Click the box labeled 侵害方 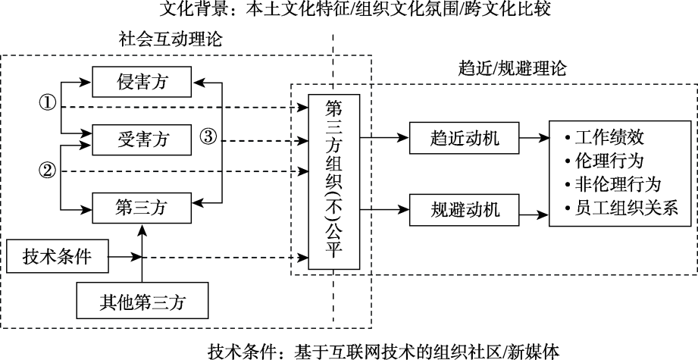point(141,82)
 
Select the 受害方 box point(141,139)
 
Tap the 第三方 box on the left point(141,205)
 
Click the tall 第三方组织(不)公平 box point(334,181)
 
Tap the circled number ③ point(209,138)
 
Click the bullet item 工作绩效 point(609,139)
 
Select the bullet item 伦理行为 point(609,161)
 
